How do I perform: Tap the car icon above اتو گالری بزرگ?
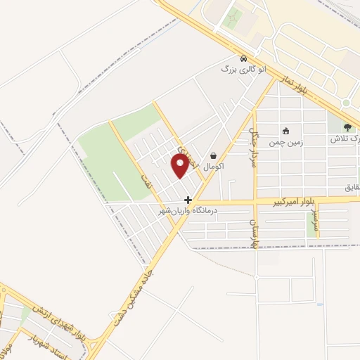click(x=243, y=58)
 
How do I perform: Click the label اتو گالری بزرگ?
click(x=243, y=70)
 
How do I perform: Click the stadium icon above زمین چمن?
click(x=286, y=130)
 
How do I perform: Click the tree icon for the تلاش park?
click(x=348, y=127)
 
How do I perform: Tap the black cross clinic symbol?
click(x=188, y=200)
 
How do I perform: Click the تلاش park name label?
click(x=348, y=139)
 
